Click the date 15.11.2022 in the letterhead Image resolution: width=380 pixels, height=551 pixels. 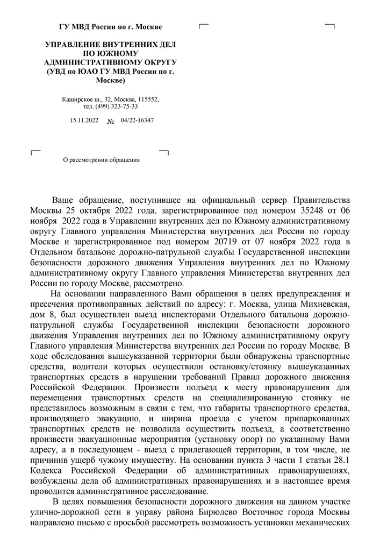pyautogui.click(x=84, y=120)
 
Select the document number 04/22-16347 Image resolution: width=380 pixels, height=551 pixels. pyautogui.click(x=138, y=120)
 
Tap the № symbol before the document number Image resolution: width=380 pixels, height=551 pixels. pyautogui.click(x=111, y=121)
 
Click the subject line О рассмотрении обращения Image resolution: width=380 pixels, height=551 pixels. pyautogui.click(x=102, y=159)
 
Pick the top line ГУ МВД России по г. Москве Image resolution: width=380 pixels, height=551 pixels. pyautogui.click(x=110, y=26)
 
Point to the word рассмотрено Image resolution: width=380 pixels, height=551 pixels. pyautogui.click(x=162, y=284)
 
